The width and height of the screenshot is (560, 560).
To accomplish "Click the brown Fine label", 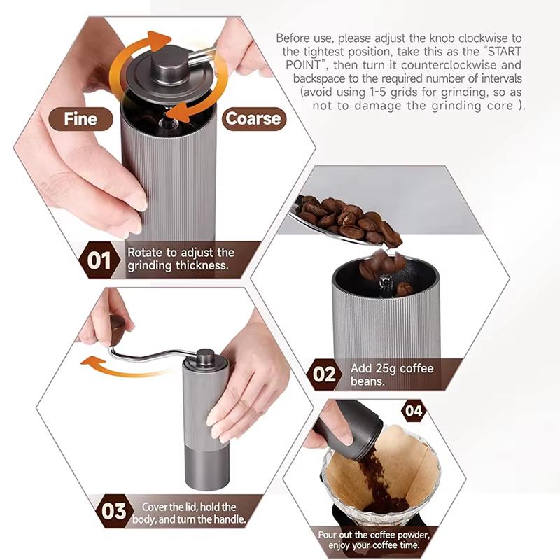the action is pos(80,119).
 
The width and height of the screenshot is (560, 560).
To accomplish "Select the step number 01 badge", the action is pos(99,260).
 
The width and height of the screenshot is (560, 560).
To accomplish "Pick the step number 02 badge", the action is pos(324,374).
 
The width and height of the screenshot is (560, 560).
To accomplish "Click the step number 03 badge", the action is pos(113,512).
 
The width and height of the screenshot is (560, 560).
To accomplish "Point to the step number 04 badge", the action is pos(414,411).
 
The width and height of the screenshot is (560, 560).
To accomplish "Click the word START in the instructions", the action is pos(504,51).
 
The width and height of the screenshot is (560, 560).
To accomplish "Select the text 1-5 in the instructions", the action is pos(379,92).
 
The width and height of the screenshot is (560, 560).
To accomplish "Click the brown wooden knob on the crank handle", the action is pos(117,325).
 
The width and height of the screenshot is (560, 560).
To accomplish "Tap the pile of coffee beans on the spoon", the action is pos(348,220).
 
